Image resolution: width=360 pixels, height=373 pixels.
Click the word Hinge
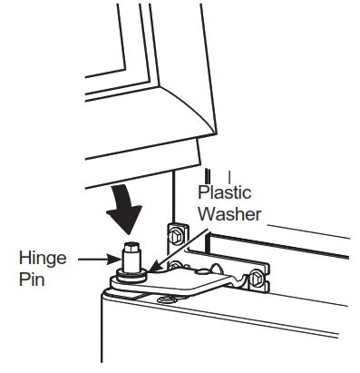[44, 259]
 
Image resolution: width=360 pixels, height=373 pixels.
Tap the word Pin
[32, 280]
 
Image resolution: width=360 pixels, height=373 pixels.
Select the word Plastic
[224, 193]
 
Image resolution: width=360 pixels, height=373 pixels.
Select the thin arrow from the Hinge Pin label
[92, 260]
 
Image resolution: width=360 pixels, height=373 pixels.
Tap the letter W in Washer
[208, 215]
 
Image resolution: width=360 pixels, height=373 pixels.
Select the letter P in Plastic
[203, 193]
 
